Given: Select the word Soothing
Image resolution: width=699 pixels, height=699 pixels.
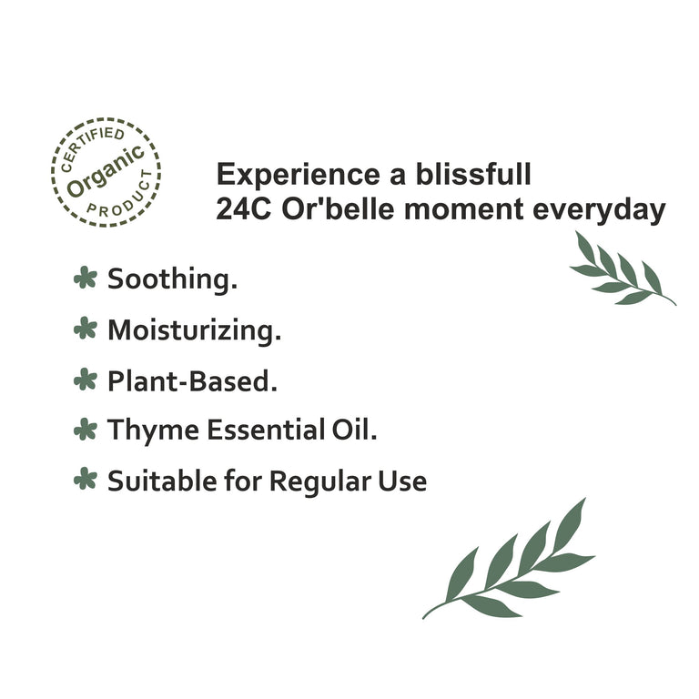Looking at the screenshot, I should [172, 279].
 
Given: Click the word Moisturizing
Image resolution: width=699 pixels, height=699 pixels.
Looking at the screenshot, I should [194, 330].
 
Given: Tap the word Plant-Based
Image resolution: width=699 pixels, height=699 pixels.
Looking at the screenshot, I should [192, 380].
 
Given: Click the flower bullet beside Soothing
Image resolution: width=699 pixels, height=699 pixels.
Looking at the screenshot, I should [85, 278].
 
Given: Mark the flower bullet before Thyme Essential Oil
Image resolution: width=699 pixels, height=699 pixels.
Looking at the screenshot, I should [85, 429].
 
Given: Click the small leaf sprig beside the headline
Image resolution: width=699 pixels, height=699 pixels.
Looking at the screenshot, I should [623, 271].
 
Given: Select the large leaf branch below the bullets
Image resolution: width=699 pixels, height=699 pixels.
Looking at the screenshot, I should [515, 564].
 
